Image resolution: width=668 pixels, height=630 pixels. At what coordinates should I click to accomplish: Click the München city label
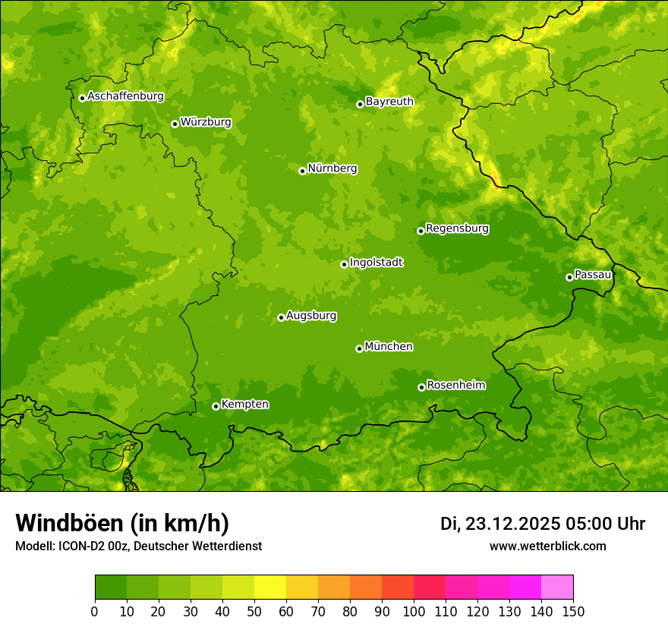389,347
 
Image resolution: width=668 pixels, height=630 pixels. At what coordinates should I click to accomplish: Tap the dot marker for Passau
569,277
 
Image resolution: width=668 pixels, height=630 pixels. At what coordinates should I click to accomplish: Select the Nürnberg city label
332,169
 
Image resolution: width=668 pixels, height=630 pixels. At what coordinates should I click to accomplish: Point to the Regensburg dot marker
421,231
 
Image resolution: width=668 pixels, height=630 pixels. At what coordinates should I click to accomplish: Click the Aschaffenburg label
125,96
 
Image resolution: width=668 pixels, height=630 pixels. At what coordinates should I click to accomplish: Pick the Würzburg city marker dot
175,124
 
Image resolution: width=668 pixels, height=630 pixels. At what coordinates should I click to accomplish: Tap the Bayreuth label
389,102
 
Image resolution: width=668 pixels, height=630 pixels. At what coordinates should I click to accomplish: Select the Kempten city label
244,405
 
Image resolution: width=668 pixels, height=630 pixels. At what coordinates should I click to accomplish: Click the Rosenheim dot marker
421,388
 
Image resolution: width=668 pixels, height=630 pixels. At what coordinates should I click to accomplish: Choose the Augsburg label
311,316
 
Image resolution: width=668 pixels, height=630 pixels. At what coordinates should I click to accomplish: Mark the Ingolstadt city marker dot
344,264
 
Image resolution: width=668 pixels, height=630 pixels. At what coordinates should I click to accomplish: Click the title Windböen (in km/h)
122,523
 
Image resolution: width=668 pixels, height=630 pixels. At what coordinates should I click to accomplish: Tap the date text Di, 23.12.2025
499,524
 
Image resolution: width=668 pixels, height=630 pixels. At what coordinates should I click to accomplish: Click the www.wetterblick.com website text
547,546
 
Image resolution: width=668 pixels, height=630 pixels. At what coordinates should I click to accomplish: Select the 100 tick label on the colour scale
414,611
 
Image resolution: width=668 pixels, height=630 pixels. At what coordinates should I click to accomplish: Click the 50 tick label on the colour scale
254,611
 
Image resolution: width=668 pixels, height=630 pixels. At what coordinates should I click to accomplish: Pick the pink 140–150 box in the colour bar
557,587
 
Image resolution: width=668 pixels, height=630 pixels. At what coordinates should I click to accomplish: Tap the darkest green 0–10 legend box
111,587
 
